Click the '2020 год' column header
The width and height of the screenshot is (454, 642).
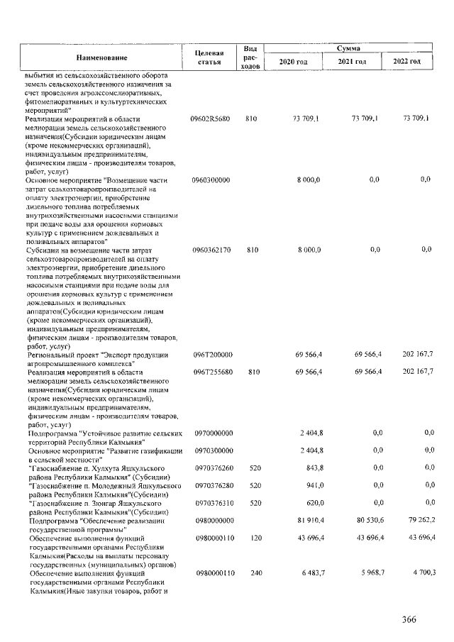pos(293,62)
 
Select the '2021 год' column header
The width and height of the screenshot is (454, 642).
pos(352,62)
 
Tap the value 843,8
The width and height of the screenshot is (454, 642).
pos(311,468)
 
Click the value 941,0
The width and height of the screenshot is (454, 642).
pos(312,486)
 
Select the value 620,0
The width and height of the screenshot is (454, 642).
pos(312,503)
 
